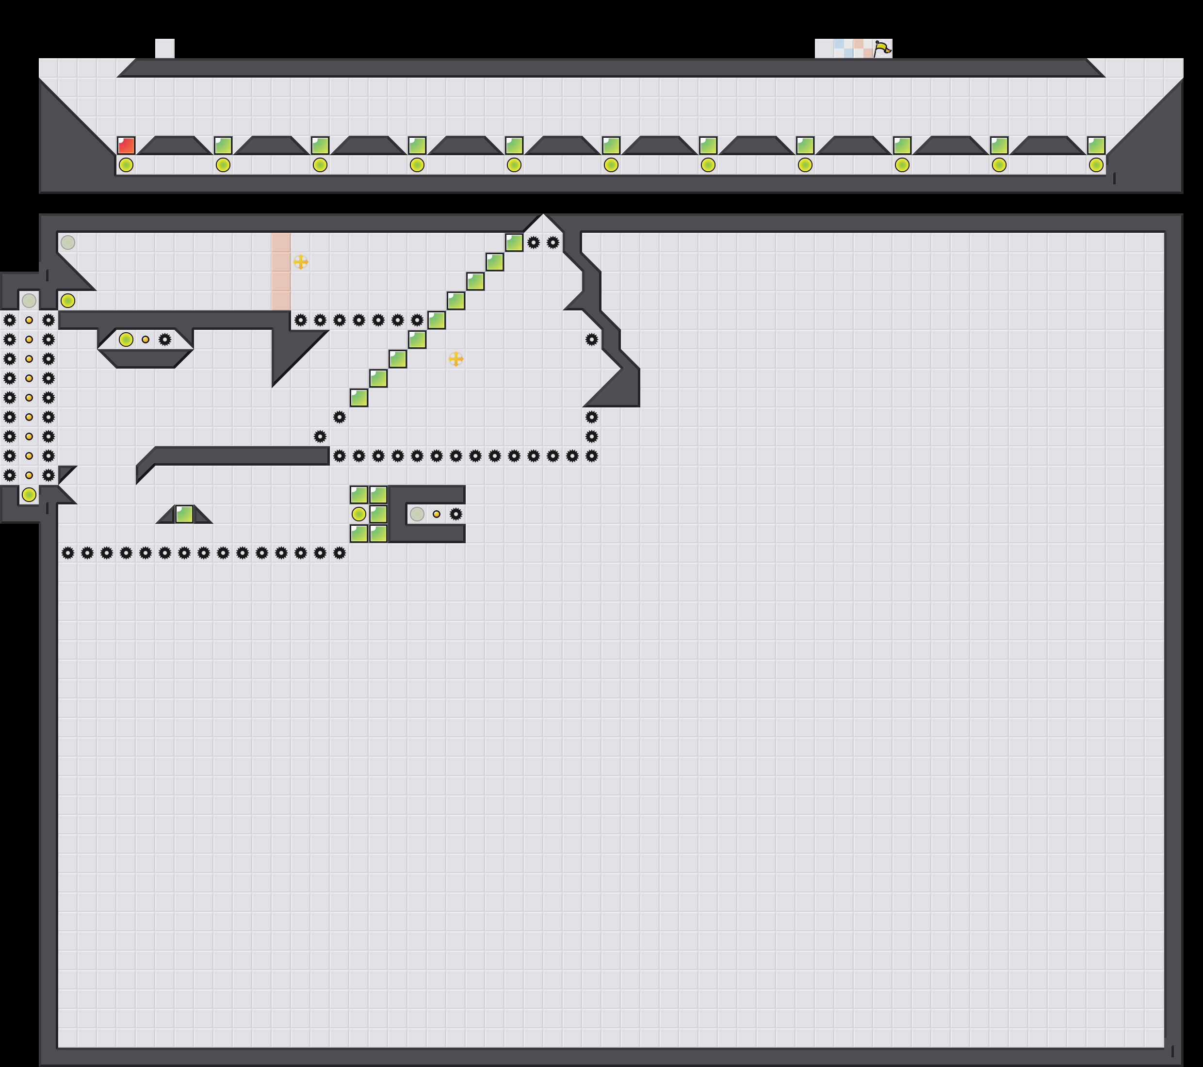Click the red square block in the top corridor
click(x=126, y=145)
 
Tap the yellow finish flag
click(x=882, y=48)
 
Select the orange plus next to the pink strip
click(x=300, y=262)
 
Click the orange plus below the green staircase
click(x=455, y=358)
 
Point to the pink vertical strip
click(x=281, y=271)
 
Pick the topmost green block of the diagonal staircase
click(x=514, y=242)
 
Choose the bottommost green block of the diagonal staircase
click(x=359, y=398)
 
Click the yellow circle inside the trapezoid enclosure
click(x=126, y=339)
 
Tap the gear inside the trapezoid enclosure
click(x=165, y=339)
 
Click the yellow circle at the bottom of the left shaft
click(x=29, y=495)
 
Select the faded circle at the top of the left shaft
click(x=29, y=301)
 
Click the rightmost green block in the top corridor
click(x=1096, y=145)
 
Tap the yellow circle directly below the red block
click(x=126, y=165)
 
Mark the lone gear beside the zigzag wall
click(x=591, y=339)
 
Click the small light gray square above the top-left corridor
click(x=165, y=48)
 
